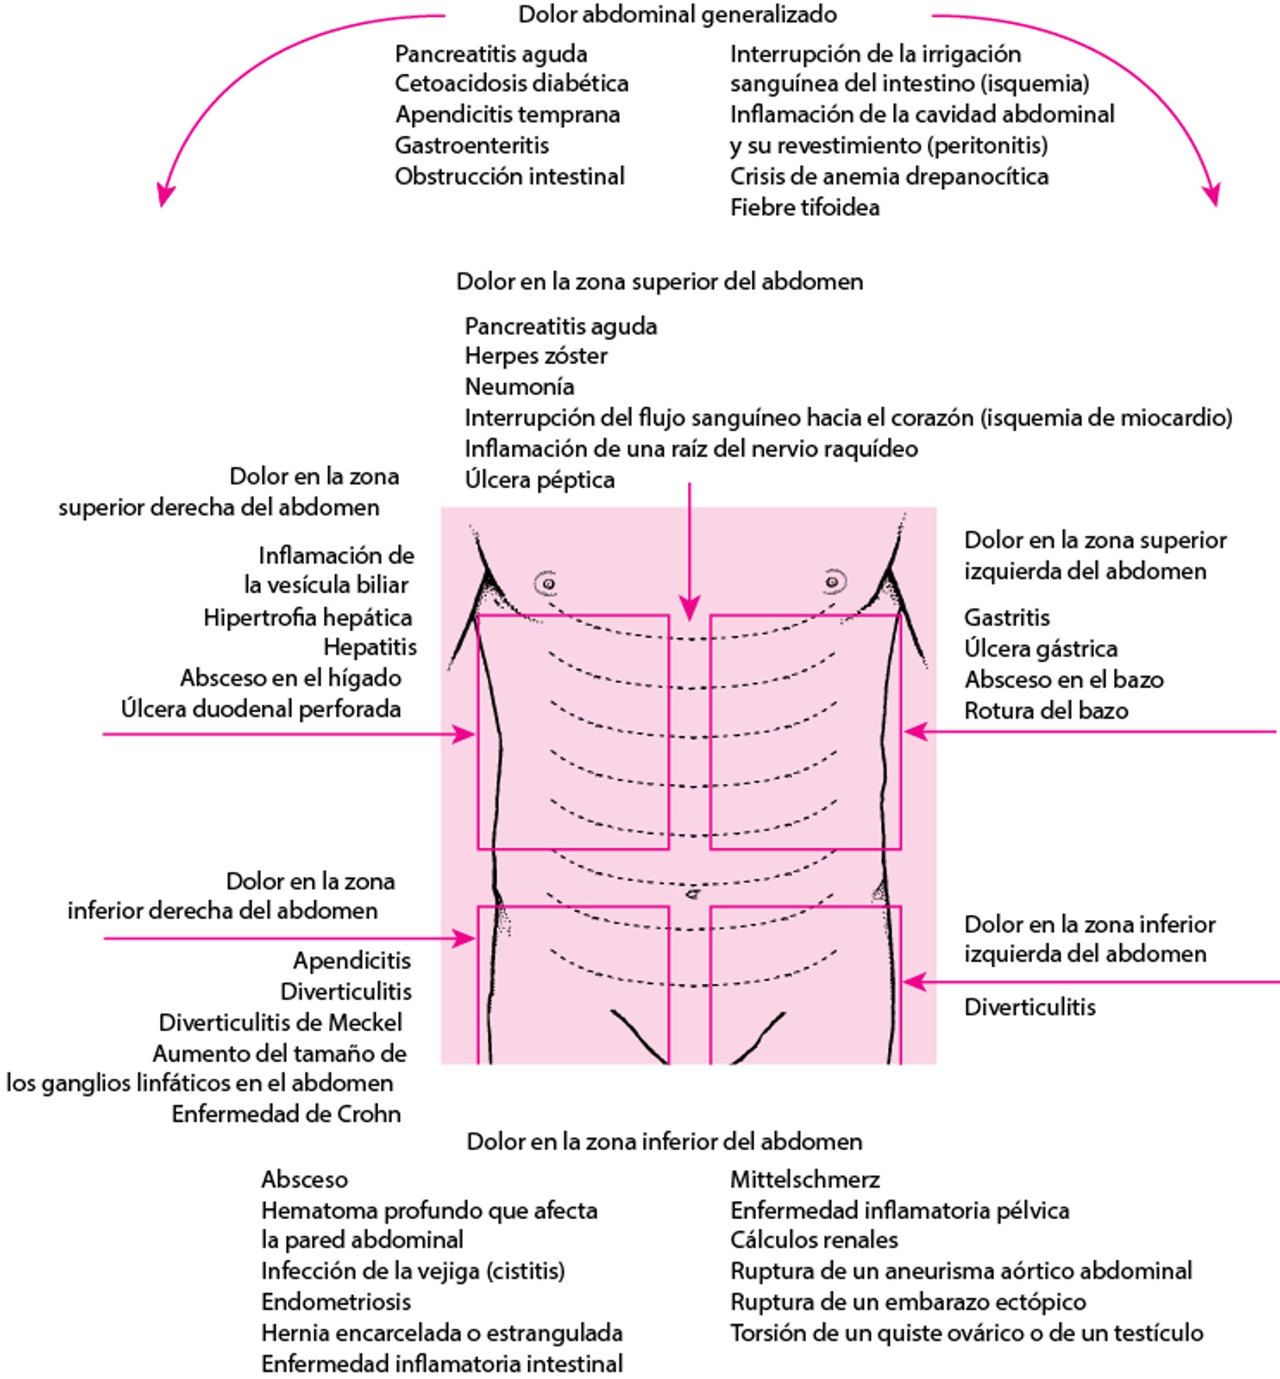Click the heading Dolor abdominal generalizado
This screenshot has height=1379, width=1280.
677,15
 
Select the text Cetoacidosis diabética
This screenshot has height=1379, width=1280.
511,83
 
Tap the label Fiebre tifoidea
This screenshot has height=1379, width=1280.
804,207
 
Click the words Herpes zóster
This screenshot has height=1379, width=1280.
535,356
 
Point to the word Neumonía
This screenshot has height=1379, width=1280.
519,386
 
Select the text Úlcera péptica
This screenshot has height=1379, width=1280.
539,480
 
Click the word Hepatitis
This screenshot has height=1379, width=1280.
370,647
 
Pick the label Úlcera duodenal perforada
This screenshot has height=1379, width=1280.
261,709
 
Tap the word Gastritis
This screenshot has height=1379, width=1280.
1007,617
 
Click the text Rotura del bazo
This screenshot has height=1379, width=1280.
1046,710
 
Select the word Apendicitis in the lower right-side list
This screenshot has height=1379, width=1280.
351,960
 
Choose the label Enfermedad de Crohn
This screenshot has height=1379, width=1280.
285,1114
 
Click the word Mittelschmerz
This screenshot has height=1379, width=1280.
804,1179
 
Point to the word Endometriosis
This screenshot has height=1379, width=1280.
336,1302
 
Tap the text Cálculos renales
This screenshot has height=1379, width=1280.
813,1240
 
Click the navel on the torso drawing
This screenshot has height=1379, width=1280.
691,894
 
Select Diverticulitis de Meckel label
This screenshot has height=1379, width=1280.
280,1023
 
